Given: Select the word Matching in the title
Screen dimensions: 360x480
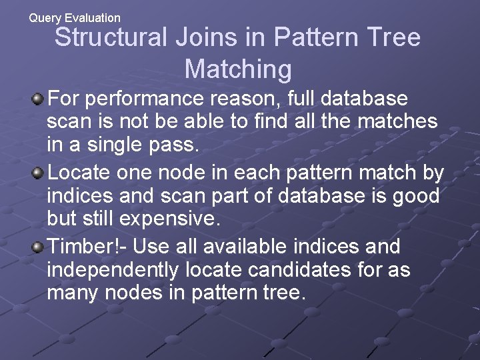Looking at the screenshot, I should [x=238, y=69].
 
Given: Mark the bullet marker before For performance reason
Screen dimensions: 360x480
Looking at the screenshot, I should [x=39, y=100].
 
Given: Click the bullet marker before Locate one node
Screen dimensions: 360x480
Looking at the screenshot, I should [x=39, y=173].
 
